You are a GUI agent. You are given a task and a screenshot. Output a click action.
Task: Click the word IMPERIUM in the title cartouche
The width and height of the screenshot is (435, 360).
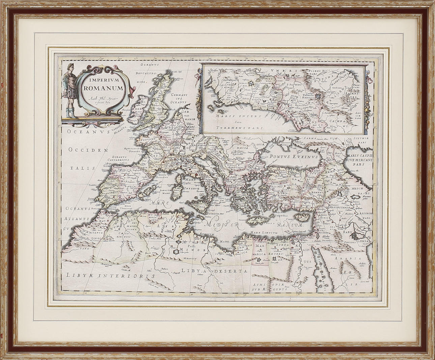coord(100,81)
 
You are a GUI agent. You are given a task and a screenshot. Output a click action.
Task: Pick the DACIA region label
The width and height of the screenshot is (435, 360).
coord(243,147)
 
